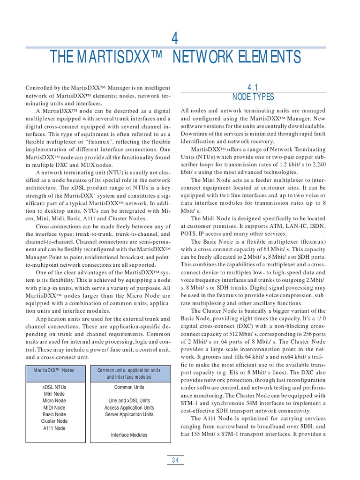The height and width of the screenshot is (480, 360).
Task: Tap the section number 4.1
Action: tap(253, 87)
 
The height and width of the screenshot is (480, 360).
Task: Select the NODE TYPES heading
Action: tap(253, 97)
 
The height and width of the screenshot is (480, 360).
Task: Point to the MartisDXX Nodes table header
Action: tap(54, 370)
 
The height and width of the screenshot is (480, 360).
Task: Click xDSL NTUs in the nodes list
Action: tap(54, 387)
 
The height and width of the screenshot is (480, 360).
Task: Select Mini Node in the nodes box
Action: tap(54, 394)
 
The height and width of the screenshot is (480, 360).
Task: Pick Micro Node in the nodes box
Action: tap(54, 401)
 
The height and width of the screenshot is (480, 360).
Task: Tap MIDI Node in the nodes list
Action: tap(54, 408)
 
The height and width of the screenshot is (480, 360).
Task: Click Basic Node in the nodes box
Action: tap(54, 414)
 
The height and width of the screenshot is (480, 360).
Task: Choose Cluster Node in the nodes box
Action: tap(54, 421)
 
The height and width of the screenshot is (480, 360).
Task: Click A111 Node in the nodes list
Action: tap(54, 428)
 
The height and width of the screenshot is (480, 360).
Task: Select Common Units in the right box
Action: tap(129, 387)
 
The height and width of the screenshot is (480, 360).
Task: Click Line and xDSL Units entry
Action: tap(129, 401)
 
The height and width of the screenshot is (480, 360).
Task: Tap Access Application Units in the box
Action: tap(129, 408)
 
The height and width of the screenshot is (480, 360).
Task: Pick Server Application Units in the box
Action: tap(129, 414)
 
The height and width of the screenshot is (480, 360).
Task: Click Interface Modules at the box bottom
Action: tap(129, 435)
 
